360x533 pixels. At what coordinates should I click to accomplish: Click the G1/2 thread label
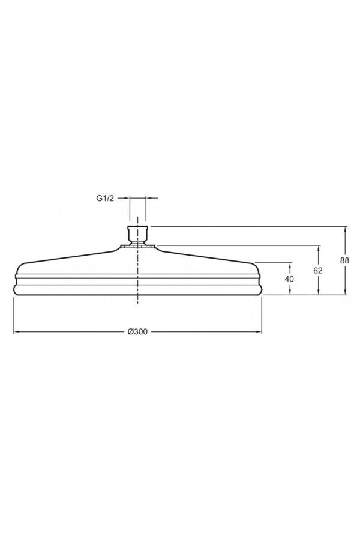[x=105, y=199]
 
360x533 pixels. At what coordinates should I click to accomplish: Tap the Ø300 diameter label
[x=137, y=332]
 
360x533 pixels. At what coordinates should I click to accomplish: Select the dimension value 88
[x=345, y=260]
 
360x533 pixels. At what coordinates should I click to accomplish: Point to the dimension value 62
[x=318, y=271]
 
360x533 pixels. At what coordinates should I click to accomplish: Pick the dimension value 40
[x=290, y=279]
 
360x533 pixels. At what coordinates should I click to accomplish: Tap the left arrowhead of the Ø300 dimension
[x=16, y=331]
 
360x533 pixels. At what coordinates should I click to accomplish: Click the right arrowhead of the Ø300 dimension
[x=259, y=331]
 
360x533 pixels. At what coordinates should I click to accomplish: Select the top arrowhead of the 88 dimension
[x=346, y=229]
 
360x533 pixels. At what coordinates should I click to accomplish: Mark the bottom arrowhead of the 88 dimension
[x=346, y=292]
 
